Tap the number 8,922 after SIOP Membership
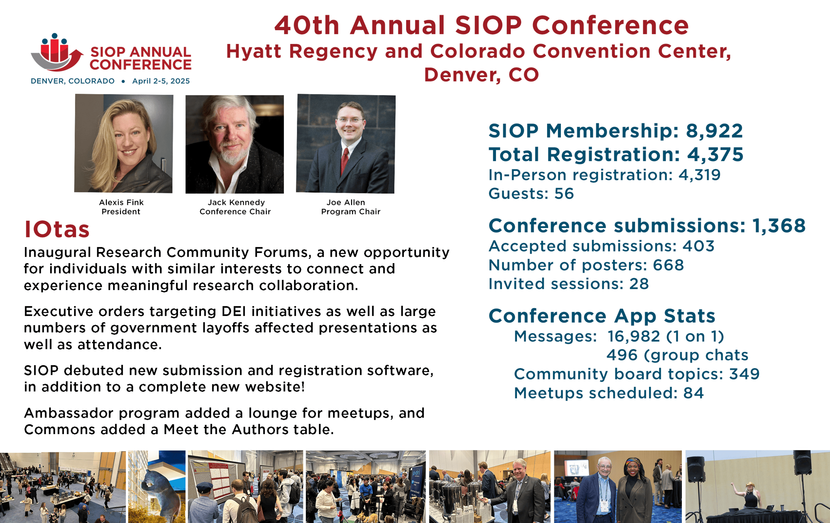[x=714, y=131]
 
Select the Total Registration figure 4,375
[x=715, y=154]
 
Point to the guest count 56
[x=564, y=193]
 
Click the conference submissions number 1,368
[x=779, y=226]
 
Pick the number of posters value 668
[x=668, y=265]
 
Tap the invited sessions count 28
[x=639, y=284]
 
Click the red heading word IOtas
[x=57, y=229]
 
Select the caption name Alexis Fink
[x=121, y=202]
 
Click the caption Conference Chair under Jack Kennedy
[x=235, y=211]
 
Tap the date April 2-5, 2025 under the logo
[x=161, y=81]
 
